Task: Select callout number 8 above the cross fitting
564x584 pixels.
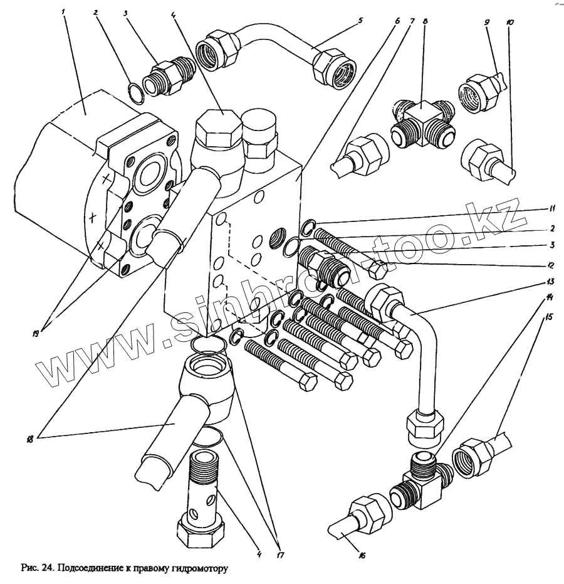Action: [x=426, y=21]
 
